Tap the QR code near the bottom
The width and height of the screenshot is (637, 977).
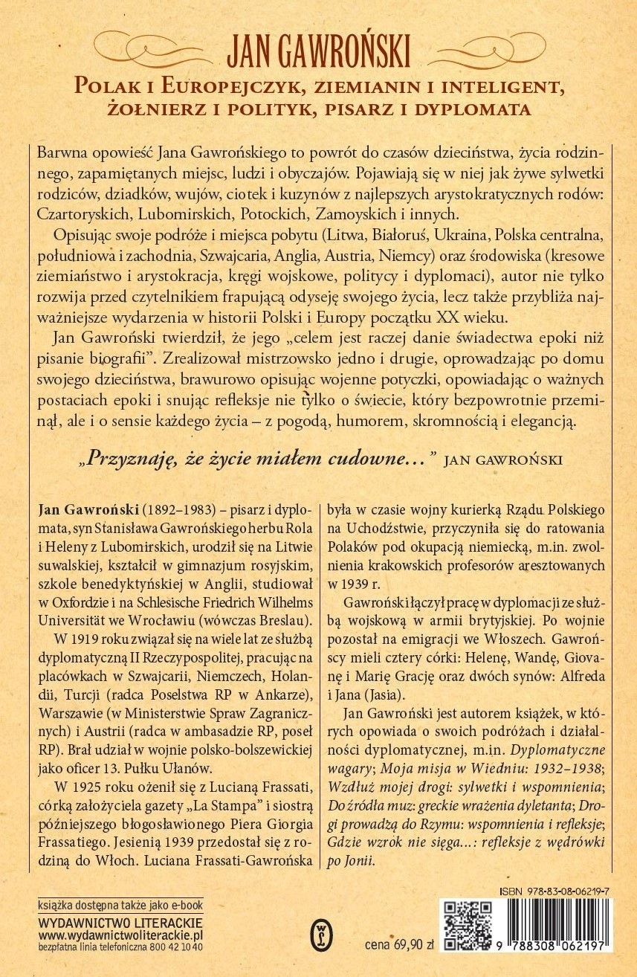coord(468,926)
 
